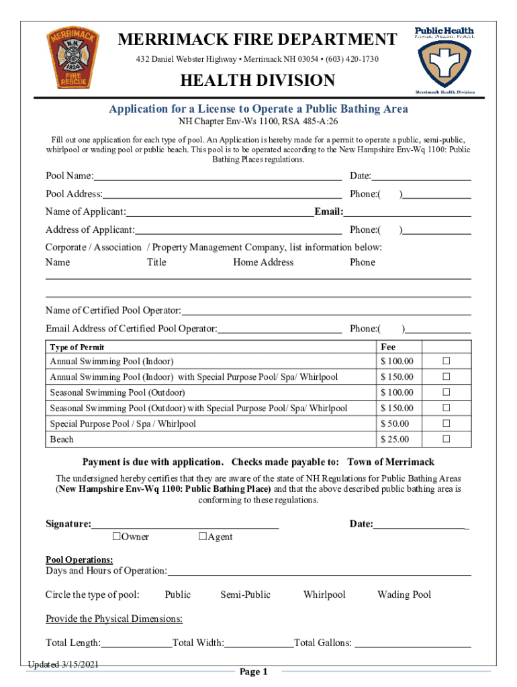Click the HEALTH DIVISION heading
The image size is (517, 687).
(256, 81)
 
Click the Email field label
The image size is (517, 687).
(329, 212)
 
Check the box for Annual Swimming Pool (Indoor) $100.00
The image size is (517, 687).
(444, 362)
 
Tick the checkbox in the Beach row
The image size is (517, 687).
(444, 439)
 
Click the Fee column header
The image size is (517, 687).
(388, 347)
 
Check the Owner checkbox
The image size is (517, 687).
(116, 536)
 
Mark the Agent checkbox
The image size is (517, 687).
(202, 536)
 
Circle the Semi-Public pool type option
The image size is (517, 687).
(245, 594)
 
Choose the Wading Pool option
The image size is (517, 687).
(404, 594)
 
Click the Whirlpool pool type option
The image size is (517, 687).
(324, 594)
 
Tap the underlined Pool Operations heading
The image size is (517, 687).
(79, 560)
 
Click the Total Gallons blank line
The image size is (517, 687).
(412, 643)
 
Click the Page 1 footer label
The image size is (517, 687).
(254, 672)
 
